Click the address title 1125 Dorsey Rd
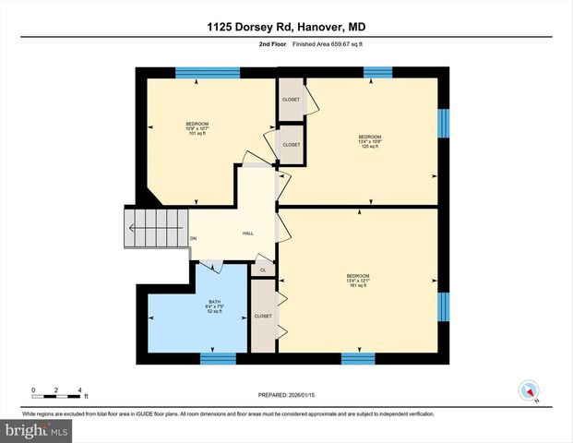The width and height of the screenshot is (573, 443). pos(286,27)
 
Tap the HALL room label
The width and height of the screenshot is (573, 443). pos(248,233)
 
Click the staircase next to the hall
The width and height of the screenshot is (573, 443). pos(145,221)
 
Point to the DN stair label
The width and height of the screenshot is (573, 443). pos(194,239)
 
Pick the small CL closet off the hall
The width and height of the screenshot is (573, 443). pos(263,270)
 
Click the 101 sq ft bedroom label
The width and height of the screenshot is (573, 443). pos(197,128)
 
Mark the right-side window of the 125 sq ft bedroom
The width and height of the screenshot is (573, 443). pos(443,122)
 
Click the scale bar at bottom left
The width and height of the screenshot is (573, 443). pos(57,392)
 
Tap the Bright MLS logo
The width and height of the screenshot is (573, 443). pos(38,431)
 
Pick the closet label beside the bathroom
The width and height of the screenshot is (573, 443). pos(263,315)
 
